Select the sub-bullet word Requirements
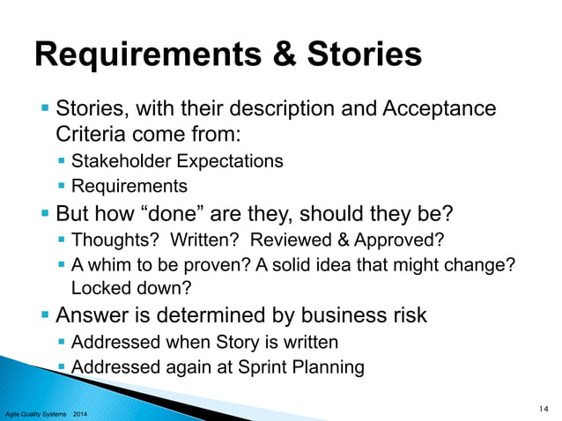pyautogui.click(x=129, y=186)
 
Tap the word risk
pyautogui.click(x=406, y=315)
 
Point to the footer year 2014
pyautogui.click(x=78, y=412)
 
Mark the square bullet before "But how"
pyautogui.click(x=46, y=214)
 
